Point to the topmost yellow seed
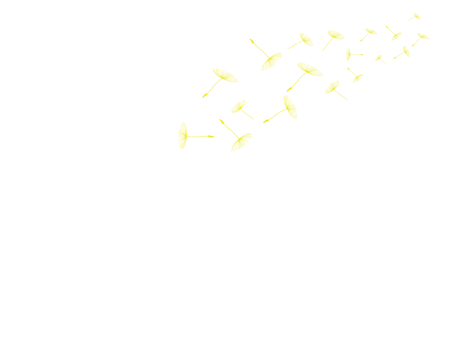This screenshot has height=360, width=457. pos(416,16)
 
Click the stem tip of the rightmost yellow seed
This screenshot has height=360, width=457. pos(413,45)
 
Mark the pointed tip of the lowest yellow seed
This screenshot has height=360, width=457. pos(221,121)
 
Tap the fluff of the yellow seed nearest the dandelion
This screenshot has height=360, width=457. pos(182,135)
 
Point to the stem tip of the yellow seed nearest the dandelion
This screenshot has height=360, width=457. pos(213,136)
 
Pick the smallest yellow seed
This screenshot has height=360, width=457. pos(379,58)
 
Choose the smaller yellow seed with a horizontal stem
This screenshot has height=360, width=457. pos(349,54)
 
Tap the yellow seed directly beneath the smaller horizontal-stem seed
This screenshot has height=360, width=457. pos(357,77)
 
